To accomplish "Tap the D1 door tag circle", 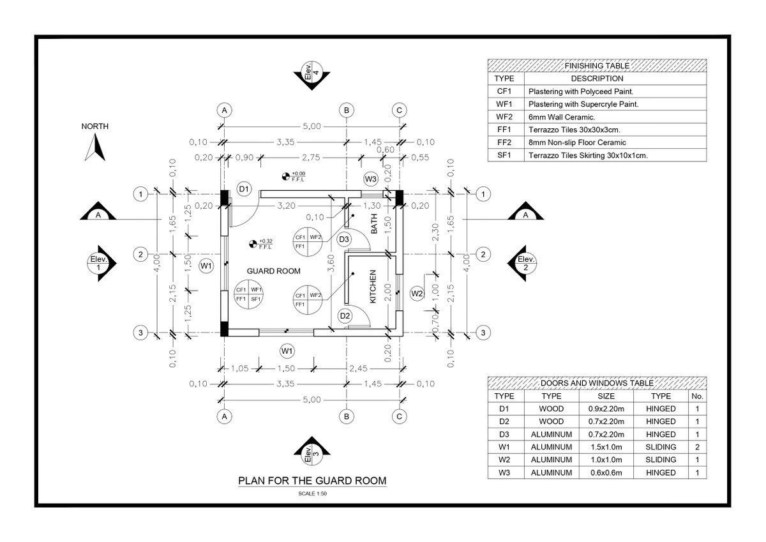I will [x=244, y=189].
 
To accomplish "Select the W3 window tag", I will [x=371, y=178].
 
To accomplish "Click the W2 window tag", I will [x=417, y=294].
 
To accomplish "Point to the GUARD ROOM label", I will [x=273, y=271].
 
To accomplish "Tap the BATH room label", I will [x=374, y=224].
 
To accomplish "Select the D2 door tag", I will [x=345, y=315].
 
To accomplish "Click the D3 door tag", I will [x=344, y=239].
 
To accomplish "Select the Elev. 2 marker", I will [x=525, y=262].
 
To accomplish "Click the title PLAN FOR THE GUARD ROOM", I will [x=312, y=481].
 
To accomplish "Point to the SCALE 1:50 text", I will [x=312, y=493].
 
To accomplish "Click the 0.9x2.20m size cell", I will [x=605, y=409].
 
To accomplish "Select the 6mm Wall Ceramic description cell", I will [x=615, y=117].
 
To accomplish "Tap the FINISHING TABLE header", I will [x=597, y=66].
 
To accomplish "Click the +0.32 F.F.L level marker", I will [x=260, y=243].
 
